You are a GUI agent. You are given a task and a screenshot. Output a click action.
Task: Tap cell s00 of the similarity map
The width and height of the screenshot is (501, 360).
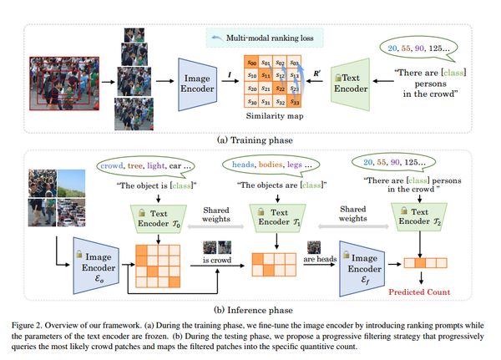[x=250, y=63]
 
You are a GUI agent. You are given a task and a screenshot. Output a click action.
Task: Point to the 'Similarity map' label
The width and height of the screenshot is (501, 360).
[x=274, y=116]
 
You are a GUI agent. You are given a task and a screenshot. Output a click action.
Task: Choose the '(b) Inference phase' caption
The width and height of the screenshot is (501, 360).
[x=250, y=308]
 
